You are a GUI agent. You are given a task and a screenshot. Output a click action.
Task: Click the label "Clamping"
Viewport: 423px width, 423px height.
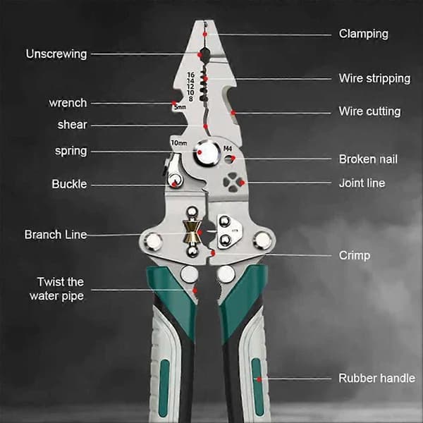[363, 35]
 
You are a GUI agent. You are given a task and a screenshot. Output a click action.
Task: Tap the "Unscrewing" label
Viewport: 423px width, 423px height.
[56, 54]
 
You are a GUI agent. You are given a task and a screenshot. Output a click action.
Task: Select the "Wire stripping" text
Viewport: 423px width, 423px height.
[375, 78]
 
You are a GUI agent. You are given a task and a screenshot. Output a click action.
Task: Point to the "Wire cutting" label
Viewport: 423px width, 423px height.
[369, 111]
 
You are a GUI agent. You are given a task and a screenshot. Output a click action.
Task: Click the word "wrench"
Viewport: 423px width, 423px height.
[68, 103]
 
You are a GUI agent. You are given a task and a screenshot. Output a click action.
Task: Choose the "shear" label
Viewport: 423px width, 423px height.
[73, 125]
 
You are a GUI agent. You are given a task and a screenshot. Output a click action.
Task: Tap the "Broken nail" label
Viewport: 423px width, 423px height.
[368, 159]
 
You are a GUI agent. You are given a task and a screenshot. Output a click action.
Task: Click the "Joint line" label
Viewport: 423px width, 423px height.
[362, 183]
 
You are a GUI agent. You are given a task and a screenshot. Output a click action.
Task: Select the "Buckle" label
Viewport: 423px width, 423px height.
[69, 184]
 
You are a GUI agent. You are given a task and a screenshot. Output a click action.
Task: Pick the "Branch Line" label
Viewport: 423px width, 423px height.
[56, 235]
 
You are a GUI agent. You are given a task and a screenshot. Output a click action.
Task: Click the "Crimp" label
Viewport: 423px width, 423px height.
[354, 255]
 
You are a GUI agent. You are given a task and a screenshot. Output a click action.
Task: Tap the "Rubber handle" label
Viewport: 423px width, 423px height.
[377, 378]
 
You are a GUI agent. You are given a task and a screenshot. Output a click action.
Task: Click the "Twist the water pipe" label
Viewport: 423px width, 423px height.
[57, 289]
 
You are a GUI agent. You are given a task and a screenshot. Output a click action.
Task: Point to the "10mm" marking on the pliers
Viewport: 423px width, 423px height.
[179, 142]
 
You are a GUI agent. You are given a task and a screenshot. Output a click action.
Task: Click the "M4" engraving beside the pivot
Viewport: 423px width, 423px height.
[228, 148]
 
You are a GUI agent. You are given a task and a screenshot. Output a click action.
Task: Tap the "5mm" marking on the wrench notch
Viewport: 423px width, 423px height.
[180, 107]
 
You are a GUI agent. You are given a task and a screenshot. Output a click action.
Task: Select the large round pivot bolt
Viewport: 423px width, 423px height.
[207, 153]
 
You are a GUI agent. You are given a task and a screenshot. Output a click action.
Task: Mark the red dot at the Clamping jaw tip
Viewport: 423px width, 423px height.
[205, 35]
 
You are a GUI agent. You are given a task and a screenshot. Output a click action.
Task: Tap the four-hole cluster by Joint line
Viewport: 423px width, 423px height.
[231, 183]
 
